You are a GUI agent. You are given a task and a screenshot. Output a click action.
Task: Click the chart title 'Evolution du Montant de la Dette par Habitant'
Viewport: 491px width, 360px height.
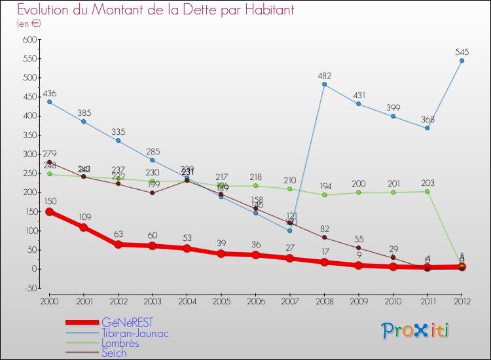click(x=156, y=10)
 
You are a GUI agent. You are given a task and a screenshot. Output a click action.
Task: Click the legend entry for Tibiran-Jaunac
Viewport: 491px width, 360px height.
click(x=135, y=333)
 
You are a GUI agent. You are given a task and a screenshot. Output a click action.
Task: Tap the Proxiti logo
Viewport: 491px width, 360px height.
click(x=416, y=331)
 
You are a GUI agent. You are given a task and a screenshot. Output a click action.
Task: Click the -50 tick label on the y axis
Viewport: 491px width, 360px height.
click(x=28, y=288)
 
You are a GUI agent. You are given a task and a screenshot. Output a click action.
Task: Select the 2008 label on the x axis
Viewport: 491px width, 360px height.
click(x=323, y=300)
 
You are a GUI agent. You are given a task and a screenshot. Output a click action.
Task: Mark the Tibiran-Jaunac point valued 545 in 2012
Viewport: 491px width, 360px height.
click(x=462, y=61)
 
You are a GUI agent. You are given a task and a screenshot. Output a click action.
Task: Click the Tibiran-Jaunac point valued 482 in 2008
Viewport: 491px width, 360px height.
click(x=324, y=84)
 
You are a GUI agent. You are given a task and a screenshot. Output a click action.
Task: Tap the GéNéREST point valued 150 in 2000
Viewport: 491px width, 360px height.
click(x=49, y=211)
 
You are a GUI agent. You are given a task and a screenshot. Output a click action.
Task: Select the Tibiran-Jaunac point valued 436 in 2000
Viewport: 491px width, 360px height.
click(x=49, y=102)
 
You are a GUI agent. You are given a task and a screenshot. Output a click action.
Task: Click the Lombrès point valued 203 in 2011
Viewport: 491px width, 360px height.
click(x=427, y=191)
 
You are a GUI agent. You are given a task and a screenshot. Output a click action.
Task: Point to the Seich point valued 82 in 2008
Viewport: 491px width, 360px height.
click(x=324, y=238)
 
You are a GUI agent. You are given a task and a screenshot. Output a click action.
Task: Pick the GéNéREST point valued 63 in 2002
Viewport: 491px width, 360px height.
click(x=118, y=245)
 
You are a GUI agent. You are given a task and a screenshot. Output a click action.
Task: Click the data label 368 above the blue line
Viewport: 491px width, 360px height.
click(x=427, y=118)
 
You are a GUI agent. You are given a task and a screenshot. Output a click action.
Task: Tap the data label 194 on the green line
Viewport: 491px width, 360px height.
click(x=324, y=186)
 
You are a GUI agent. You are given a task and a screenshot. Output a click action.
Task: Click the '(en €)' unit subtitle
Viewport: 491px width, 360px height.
click(x=29, y=24)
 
